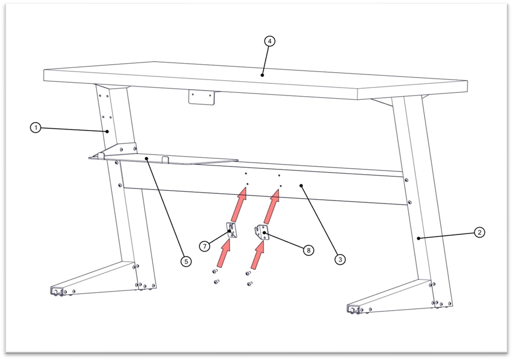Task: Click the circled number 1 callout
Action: click(x=36, y=127)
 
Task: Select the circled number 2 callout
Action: click(x=479, y=233)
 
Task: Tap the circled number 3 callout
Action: click(x=340, y=260)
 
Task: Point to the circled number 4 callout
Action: click(x=269, y=41)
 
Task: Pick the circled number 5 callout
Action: click(x=186, y=261)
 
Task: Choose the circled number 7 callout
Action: click(x=205, y=246)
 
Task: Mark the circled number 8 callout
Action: click(x=308, y=251)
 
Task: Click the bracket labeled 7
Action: click(x=232, y=230)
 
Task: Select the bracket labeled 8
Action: click(x=262, y=233)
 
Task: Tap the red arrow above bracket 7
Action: click(x=239, y=204)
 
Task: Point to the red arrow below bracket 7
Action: click(x=224, y=253)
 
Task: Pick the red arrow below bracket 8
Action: click(x=258, y=255)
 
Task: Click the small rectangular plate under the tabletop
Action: click(x=201, y=98)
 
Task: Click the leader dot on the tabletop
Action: click(x=263, y=75)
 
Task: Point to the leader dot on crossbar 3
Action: click(x=301, y=186)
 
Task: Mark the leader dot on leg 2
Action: click(x=419, y=238)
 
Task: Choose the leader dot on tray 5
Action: click(x=147, y=159)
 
